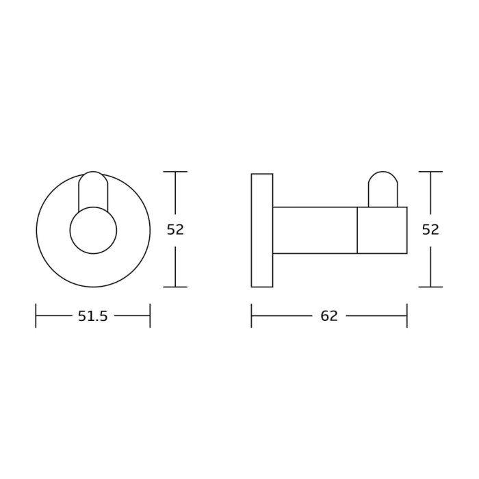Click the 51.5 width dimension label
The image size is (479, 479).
tap(93, 316)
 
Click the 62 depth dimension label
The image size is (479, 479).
tap(329, 316)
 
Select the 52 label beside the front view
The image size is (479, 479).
tap(175, 229)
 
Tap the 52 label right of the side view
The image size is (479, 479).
tap(430, 229)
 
